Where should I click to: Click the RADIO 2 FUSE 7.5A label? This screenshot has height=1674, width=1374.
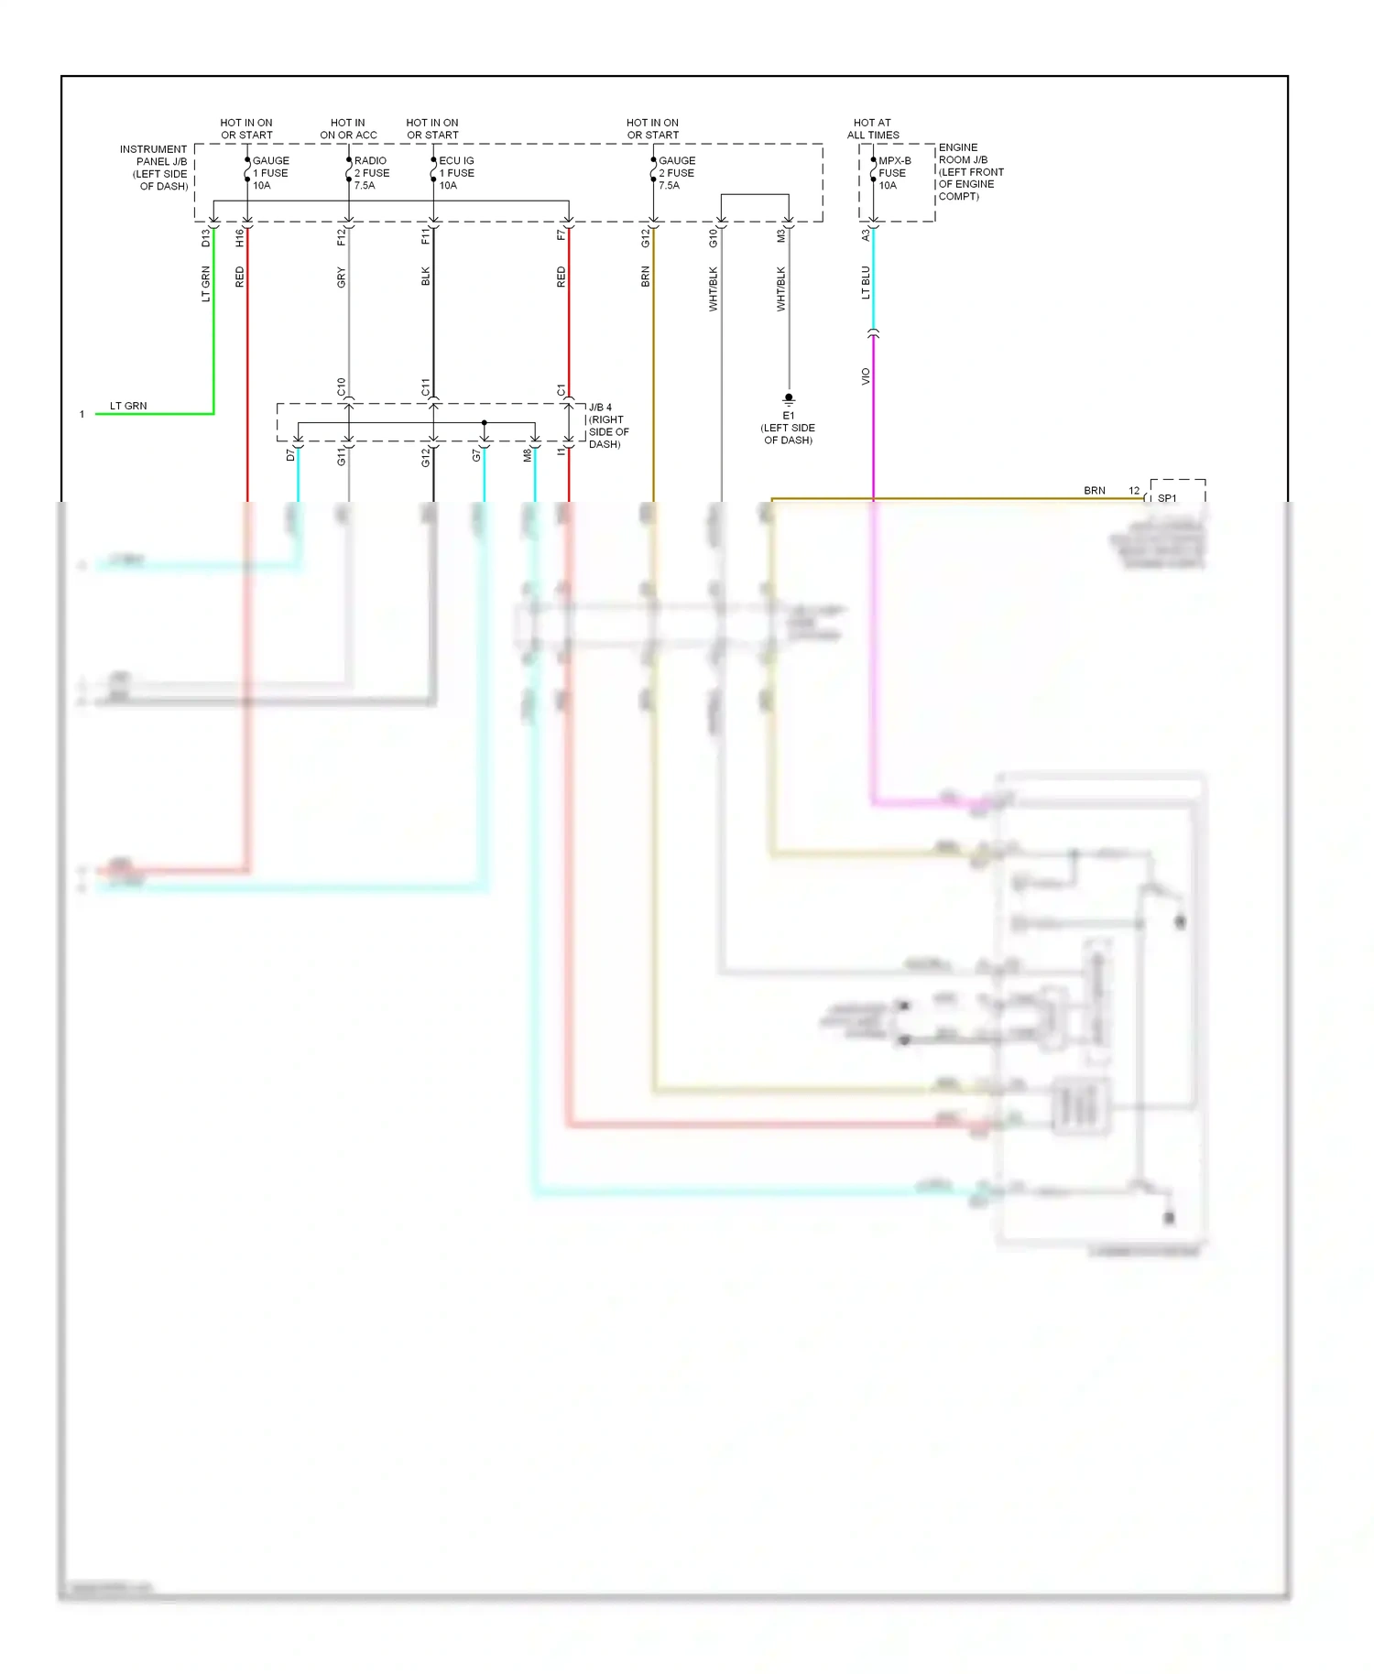[x=371, y=173]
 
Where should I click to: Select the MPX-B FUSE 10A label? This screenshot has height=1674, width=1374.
[x=893, y=173]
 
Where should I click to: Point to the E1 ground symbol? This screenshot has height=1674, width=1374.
[x=789, y=399]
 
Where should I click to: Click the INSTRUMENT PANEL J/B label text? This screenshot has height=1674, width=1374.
[x=154, y=168]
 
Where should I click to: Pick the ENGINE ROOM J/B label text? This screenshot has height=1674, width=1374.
[x=970, y=171]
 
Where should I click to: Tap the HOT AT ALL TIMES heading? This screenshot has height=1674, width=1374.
[x=873, y=129]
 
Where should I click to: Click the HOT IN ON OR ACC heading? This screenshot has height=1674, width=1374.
[x=348, y=129]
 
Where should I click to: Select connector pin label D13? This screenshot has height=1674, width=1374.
[x=205, y=238]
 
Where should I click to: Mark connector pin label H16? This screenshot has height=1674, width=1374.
[x=240, y=238]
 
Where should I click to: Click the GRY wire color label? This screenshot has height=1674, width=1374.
[x=341, y=277]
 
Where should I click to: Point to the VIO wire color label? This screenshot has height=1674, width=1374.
[x=866, y=376]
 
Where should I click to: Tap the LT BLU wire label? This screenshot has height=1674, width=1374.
[x=866, y=283]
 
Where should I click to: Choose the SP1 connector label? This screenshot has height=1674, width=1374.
[x=1167, y=498]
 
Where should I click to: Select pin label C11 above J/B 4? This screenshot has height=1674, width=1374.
[x=425, y=387]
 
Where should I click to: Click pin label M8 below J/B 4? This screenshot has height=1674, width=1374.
[x=528, y=455]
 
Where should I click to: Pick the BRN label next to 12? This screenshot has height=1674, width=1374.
[x=1095, y=491]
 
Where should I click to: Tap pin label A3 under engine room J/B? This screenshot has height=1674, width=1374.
[x=866, y=235]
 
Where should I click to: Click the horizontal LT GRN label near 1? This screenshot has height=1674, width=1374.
[x=128, y=406]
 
